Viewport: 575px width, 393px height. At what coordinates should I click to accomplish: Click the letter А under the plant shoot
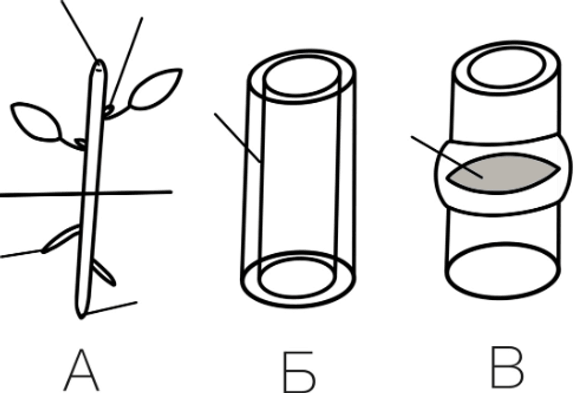81,370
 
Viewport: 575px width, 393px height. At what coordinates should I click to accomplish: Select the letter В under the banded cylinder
507,367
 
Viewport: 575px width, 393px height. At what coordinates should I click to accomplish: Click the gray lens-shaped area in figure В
503,173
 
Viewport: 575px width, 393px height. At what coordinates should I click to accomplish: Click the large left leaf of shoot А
36,122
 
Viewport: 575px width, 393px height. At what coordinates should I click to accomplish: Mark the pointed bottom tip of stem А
81,317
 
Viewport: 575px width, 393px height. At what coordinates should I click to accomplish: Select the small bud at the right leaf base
109,110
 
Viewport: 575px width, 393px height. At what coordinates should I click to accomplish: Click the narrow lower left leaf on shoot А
61,238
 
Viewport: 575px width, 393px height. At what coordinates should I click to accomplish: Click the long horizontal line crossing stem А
86,194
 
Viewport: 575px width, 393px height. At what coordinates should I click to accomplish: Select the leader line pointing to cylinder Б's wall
238,138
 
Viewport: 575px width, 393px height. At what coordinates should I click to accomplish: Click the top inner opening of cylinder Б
302,76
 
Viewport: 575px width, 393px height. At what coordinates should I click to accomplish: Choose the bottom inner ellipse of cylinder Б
297,277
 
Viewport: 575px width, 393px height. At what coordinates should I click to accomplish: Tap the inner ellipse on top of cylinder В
507,67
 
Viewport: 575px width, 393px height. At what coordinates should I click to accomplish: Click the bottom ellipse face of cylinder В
503,271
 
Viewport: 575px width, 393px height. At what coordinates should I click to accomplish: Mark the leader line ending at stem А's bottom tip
112,308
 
